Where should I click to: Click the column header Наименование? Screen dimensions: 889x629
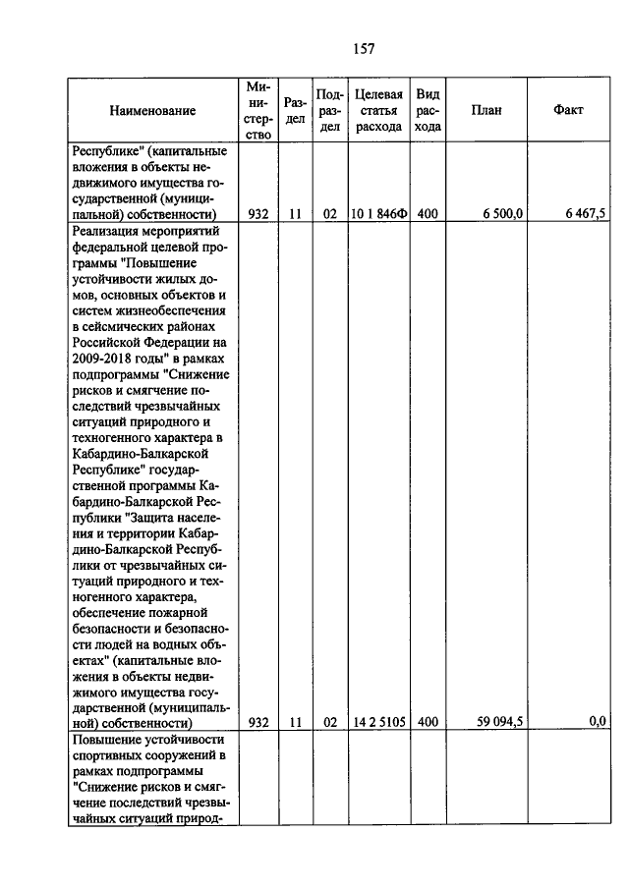(x=152, y=111)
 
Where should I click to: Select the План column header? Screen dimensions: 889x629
(x=486, y=110)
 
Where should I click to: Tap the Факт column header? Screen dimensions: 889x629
(x=568, y=110)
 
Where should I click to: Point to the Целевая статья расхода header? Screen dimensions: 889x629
(x=378, y=110)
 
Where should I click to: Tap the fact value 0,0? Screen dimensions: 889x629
(x=597, y=722)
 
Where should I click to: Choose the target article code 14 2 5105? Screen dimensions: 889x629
(x=378, y=722)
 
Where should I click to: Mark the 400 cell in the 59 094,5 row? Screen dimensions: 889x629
(x=427, y=722)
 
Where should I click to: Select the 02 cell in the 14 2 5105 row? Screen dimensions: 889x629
(x=330, y=722)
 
